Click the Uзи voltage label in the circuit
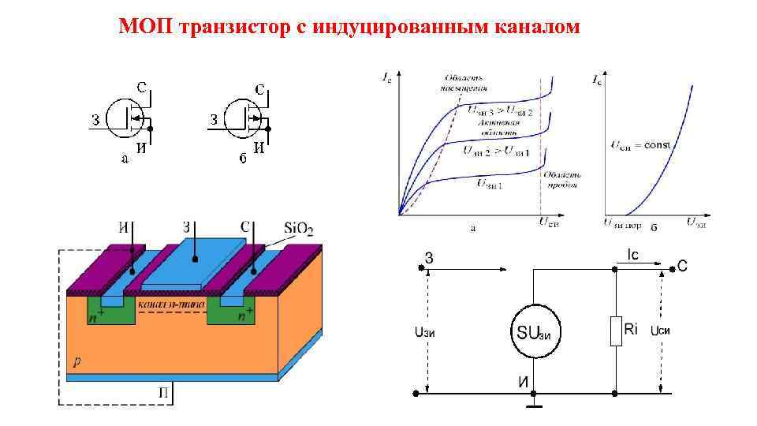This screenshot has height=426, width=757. click(425, 332)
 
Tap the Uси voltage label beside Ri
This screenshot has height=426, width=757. click(660, 331)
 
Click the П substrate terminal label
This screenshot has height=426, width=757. click(162, 392)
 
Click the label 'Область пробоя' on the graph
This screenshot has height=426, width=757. click(561, 180)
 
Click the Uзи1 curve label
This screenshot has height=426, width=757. click(490, 184)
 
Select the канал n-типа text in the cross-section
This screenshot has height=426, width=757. click(171, 303)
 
